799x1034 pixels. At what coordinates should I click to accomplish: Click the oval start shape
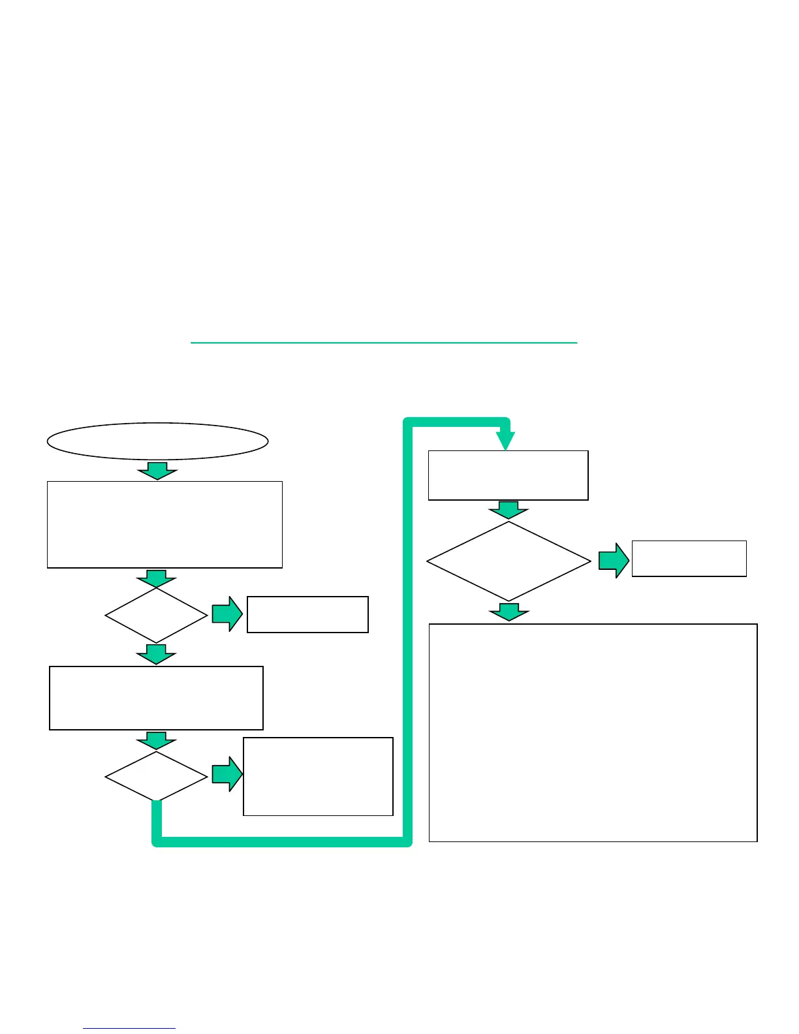pyautogui.click(x=157, y=441)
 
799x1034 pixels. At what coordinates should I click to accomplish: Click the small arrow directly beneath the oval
pyautogui.click(x=157, y=471)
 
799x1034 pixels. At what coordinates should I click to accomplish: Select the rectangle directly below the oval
pyautogui.click(x=164, y=525)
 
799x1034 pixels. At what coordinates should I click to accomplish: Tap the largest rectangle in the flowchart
pyautogui.click(x=593, y=732)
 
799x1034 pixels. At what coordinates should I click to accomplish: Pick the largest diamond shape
pyautogui.click(x=509, y=561)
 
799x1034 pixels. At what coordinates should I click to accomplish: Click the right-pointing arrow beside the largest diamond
pyautogui.click(x=614, y=560)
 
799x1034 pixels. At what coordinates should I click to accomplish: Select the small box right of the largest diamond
pyautogui.click(x=689, y=558)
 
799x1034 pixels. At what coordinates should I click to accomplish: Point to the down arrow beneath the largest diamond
pyautogui.click(x=509, y=612)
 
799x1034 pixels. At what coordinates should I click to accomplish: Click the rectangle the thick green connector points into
pyautogui.click(x=508, y=475)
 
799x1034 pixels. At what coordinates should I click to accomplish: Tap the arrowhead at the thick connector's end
pyautogui.click(x=506, y=441)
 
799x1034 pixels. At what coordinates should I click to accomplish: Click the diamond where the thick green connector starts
pyautogui.click(x=156, y=776)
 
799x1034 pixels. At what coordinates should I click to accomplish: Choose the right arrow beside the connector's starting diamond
pyautogui.click(x=227, y=775)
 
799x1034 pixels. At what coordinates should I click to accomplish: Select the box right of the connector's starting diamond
pyautogui.click(x=318, y=776)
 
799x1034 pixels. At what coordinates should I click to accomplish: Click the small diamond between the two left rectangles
pyautogui.click(x=156, y=615)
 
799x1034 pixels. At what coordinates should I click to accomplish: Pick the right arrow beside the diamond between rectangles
pyautogui.click(x=227, y=614)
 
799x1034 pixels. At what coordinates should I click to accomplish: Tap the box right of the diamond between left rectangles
pyautogui.click(x=307, y=614)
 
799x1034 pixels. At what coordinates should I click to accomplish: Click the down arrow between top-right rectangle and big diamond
pyautogui.click(x=509, y=510)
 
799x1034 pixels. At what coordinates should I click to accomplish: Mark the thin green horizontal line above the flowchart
pyautogui.click(x=384, y=342)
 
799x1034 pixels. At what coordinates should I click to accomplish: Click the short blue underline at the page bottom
pyautogui.click(x=129, y=1029)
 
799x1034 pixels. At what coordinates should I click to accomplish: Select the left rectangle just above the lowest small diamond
pyautogui.click(x=156, y=698)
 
